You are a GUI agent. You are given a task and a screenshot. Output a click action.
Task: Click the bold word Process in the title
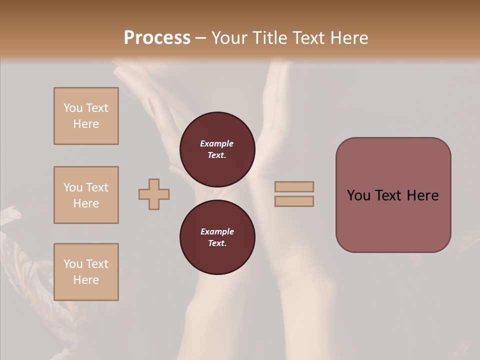(157, 38)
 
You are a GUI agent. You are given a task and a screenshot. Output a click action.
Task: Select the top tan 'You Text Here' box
(86, 116)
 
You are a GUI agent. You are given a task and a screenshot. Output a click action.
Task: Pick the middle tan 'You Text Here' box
(86, 195)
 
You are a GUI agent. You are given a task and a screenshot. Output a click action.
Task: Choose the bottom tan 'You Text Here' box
(86, 272)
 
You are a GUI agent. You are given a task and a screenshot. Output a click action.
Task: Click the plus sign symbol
(154, 194)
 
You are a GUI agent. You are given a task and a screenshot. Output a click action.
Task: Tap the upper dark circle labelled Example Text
(217, 149)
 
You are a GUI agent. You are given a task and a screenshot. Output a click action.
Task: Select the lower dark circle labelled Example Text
(217, 237)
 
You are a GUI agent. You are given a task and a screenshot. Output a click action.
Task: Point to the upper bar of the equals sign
(294, 187)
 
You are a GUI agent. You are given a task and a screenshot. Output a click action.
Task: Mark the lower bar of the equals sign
(294, 201)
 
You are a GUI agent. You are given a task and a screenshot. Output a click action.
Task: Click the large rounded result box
(393, 195)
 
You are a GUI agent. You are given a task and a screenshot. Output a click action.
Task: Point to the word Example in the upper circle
(217, 143)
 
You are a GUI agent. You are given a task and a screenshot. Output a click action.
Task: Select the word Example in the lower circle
(217, 231)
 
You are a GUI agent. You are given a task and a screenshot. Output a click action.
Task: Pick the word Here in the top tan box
(86, 124)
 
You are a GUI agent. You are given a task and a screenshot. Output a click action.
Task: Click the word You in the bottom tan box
(72, 264)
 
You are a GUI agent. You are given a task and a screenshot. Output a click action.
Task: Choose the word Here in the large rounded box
(422, 195)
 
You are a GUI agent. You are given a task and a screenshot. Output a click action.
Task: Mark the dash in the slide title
(201, 38)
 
